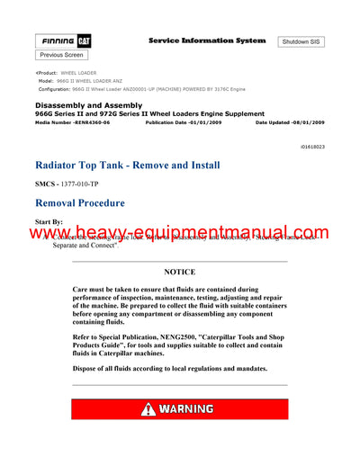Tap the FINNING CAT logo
click(62, 41)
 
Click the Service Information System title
click(206, 40)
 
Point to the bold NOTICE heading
click(179, 271)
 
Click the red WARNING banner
click(179, 409)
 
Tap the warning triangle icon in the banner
click(148, 409)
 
